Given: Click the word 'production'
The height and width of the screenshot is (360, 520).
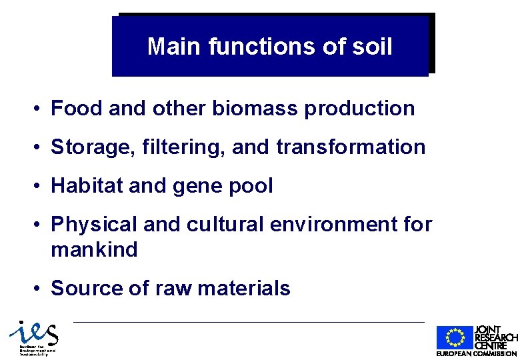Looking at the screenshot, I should click(360, 109).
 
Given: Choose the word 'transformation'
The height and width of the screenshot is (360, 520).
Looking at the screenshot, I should click(351, 147).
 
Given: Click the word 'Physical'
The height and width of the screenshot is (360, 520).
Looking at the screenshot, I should click(94, 225).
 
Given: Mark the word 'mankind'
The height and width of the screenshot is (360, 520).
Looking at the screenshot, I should click(94, 250).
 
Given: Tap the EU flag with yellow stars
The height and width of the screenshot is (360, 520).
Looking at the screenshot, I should click(455, 338).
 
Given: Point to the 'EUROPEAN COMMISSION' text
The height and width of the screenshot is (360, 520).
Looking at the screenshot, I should click(477, 353).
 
